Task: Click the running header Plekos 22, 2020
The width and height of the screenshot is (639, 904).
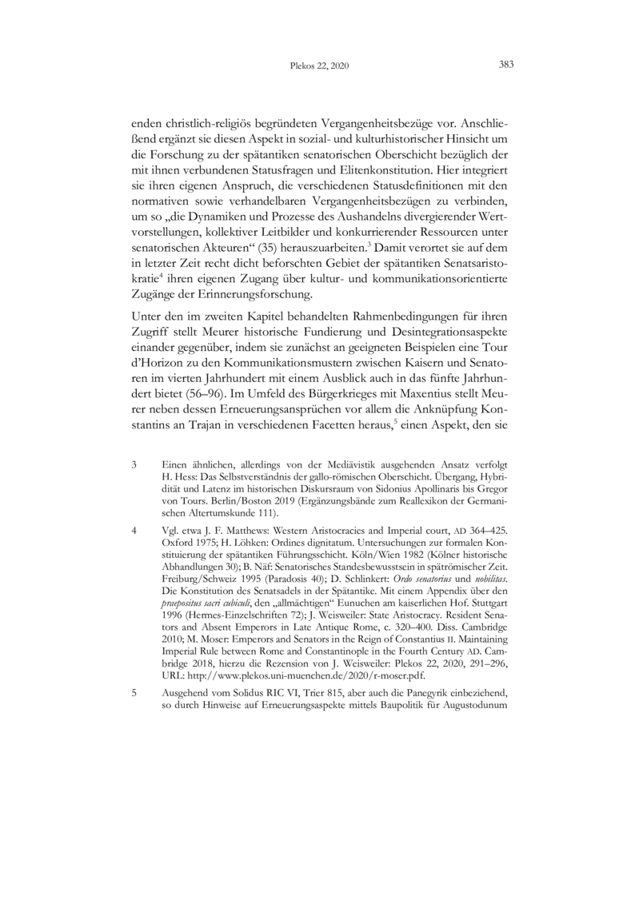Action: [318, 67]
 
